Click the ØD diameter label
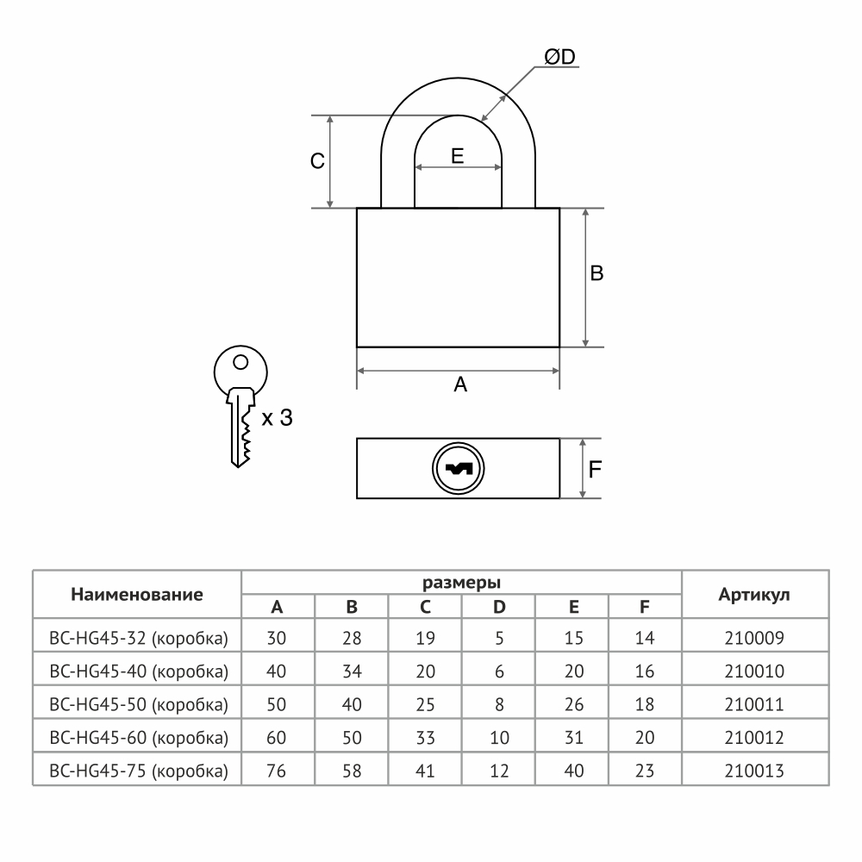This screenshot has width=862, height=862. (x=559, y=57)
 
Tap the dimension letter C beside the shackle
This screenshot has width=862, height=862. (x=317, y=161)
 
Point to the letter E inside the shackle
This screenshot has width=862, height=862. (x=458, y=156)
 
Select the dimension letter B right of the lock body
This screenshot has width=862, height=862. (x=597, y=273)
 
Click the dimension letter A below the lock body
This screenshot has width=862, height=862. (x=460, y=384)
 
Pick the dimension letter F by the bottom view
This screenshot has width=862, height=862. (x=595, y=470)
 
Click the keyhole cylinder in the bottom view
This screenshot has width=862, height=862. (x=458, y=468)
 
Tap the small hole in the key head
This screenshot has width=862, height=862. (x=240, y=362)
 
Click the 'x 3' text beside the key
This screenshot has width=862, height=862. (x=277, y=418)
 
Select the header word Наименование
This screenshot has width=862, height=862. (x=137, y=594)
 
